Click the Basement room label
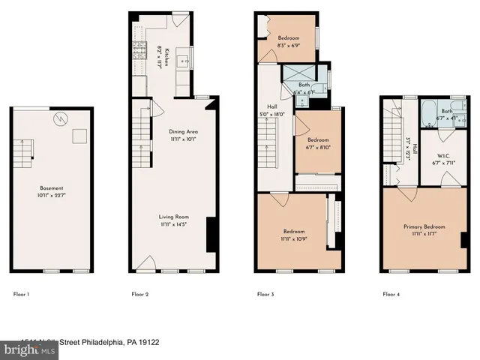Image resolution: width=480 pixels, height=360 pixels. pyautogui.click(x=52, y=191)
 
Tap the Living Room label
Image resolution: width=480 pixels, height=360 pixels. pyautogui.click(x=172, y=219)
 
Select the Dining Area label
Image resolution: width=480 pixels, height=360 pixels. pyautogui.click(x=176, y=134)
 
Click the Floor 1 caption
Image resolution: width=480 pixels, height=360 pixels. pyautogui.click(x=22, y=295)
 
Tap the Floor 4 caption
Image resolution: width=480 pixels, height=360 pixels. pyautogui.click(x=391, y=295)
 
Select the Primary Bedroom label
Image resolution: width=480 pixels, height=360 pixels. pyautogui.click(x=424, y=229)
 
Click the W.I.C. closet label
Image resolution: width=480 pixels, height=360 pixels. pyautogui.click(x=436, y=159)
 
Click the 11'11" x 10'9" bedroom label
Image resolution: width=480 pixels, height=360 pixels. pyautogui.click(x=293, y=235)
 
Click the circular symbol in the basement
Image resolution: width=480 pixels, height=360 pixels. pyautogui.click(x=61, y=118)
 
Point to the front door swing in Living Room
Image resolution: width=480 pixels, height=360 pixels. pyautogui.click(x=148, y=262)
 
